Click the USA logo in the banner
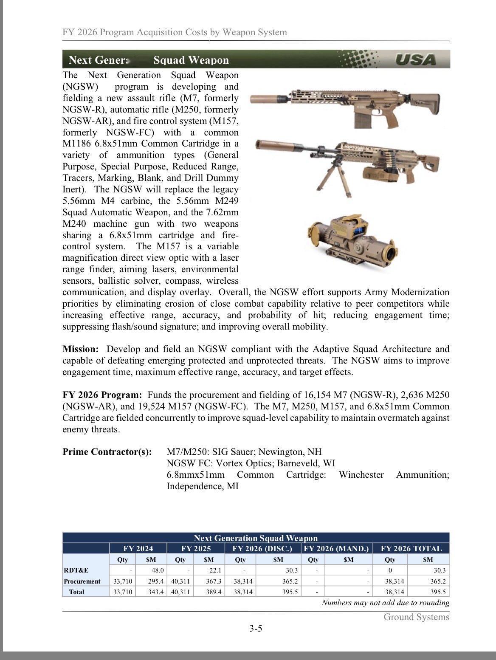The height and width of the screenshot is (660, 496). (415, 59)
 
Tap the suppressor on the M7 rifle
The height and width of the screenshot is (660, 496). (264, 99)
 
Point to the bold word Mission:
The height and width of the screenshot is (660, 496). (80, 349)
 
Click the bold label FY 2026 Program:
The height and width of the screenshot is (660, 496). (102, 395)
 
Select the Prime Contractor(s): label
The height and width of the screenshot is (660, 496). (107, 451)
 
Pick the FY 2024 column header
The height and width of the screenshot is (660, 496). (138, 548)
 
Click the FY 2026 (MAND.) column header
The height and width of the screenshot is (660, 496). (336, 548)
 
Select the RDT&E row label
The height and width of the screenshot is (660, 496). (76, 570)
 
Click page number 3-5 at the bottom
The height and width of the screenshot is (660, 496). (256, 628)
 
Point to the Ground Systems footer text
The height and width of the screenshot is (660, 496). (416, 617)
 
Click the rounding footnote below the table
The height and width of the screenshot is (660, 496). (385, 603)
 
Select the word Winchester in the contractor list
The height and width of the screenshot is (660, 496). (361, 474)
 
